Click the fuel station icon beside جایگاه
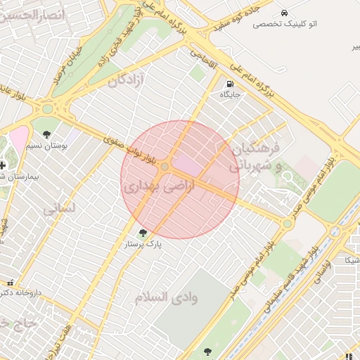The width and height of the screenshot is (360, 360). tap(230, 83)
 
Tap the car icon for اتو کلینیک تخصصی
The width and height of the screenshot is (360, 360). tap(283, 13)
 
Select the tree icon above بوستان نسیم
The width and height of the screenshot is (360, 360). tap(47, 134)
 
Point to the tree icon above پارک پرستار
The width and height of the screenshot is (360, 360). tap(143, 233)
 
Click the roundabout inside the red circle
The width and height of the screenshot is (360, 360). tap(165, 167)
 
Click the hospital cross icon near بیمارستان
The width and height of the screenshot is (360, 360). tap(2, 165)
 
